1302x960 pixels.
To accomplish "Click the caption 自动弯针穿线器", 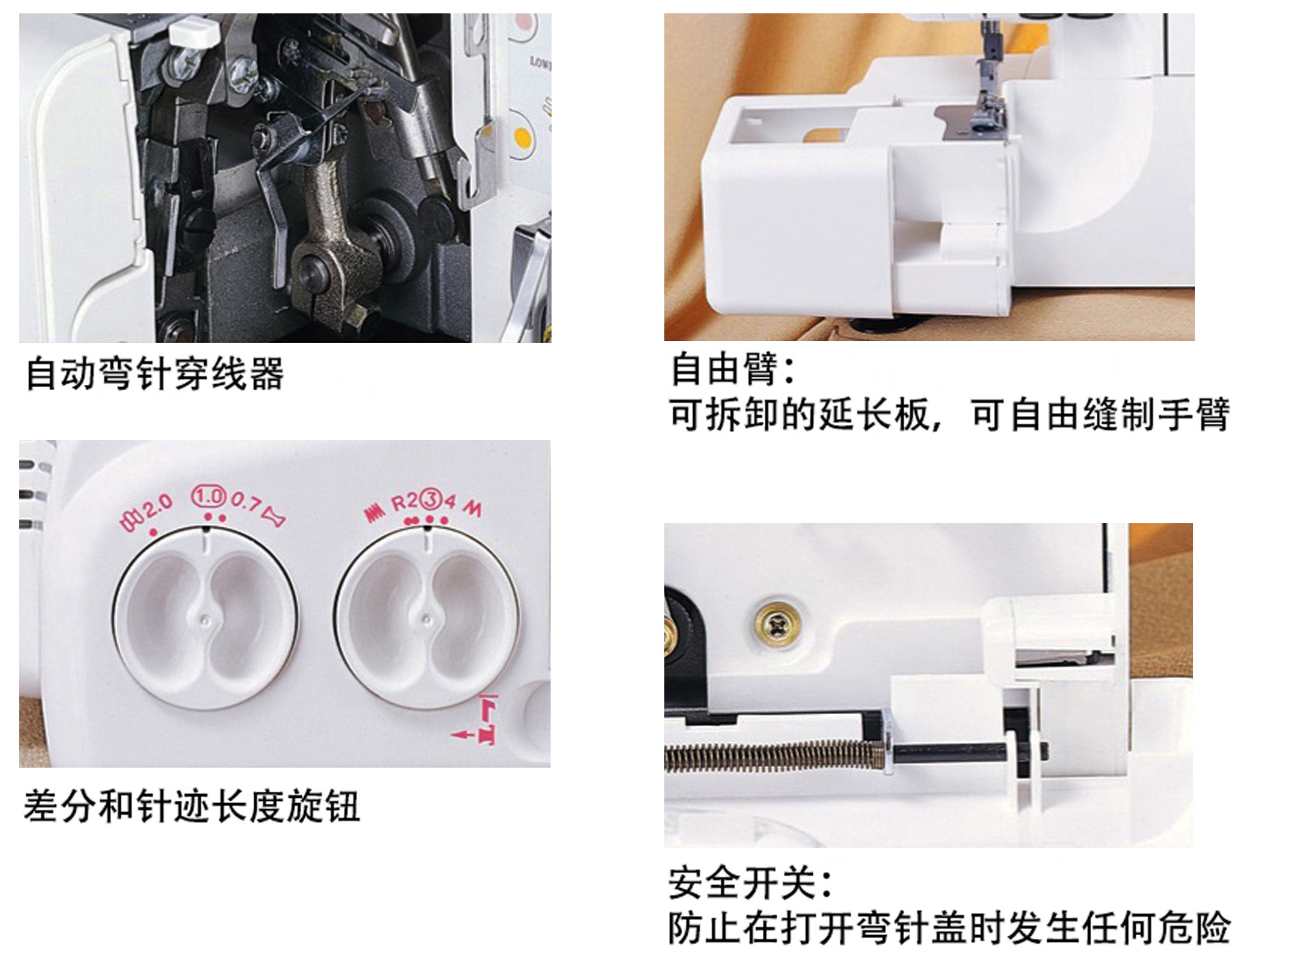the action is point(155,373).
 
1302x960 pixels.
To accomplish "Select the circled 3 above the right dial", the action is point(431,499).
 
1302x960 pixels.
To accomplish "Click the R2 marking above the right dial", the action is point(405,502).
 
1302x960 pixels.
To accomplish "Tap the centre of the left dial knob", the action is point(205,620).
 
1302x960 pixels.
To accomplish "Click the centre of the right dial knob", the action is point(426,620).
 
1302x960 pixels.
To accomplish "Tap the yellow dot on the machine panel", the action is point(522,139).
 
